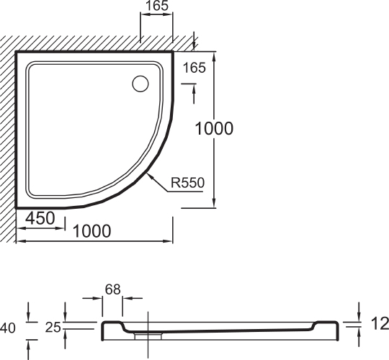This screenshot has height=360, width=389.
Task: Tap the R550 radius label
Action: pyautogui.click(x=187, y=183)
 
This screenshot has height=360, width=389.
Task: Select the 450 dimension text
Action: pyautogui.click(x=40, y=218)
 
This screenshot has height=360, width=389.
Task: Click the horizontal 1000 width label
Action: pyautogui.click(x=92, y=231)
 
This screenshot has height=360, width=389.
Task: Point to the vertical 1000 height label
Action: pyautogui.click(x=215, y=128)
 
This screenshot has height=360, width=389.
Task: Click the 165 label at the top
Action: pyautogui.click(x=157, y=6)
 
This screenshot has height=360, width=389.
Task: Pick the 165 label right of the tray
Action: pyautogui.click(x=194, y=68)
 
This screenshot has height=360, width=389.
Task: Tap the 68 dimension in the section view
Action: pyautogui.click(x=112, y=289)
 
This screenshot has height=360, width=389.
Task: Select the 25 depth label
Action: pyautogui.click(x=53, y=328)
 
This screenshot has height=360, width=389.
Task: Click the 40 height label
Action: pyautogui.click(x=8, y=328)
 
